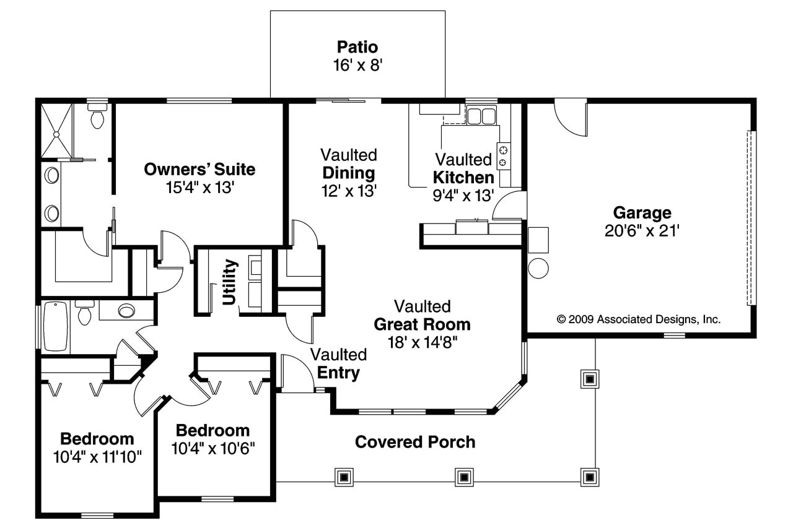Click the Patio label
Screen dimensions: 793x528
357,47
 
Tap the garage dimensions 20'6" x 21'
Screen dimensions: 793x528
642,231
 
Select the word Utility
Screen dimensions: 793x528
229,282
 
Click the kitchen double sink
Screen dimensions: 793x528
481,116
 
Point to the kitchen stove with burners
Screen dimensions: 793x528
504,156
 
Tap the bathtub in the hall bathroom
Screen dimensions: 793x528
55,326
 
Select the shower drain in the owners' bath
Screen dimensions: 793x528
56,134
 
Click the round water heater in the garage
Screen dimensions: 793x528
538,269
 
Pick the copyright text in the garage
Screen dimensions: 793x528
639,319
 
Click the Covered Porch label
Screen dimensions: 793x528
415,442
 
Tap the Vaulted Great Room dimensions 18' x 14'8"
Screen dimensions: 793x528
423,342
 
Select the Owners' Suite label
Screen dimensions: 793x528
199,170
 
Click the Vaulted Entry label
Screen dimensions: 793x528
339,363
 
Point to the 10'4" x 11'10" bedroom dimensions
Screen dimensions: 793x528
97,457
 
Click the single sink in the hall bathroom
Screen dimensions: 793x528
126,311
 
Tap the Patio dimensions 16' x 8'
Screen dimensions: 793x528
357,66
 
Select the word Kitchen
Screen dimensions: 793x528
463,178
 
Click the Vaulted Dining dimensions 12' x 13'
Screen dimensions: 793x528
349,191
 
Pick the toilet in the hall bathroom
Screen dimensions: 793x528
85,312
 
